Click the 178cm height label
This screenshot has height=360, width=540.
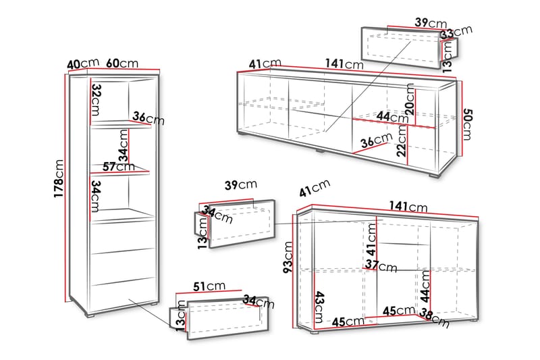point(59,178)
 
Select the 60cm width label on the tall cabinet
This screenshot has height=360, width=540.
point(122,63)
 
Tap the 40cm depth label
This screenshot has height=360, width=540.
point(83,63)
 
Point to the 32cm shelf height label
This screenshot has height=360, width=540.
point(96,99)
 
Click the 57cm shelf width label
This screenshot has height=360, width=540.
point(119,167)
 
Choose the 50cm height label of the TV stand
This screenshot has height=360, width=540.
point(466,124)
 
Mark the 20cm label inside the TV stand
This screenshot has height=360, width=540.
point(410,99)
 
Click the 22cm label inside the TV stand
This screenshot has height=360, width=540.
point(402,140)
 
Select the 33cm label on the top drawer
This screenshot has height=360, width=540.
point(457,32)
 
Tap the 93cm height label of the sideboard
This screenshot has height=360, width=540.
point(288,257)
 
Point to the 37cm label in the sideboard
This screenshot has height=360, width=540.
point(381,266)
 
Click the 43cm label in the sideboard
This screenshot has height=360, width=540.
point(319,307)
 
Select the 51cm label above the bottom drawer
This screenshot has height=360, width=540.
point(209,286)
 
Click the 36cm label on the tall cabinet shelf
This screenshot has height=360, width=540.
point(148,118)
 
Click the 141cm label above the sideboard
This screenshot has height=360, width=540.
point(408,207)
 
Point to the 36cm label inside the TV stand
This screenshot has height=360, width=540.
point(377,140)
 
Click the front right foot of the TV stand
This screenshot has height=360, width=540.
point(435,176)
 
